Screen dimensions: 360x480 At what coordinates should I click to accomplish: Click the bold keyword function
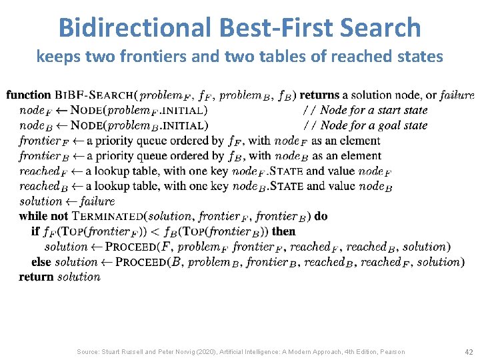[28, 95]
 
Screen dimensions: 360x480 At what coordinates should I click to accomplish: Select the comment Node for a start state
[374, 110]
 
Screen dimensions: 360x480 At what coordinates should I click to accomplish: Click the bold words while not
[43, 216]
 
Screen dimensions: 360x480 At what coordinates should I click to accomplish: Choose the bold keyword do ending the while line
[321, 216]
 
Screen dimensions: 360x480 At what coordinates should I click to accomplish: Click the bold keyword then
[283, 231]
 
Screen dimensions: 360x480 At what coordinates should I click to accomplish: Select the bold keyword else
[41, 262]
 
